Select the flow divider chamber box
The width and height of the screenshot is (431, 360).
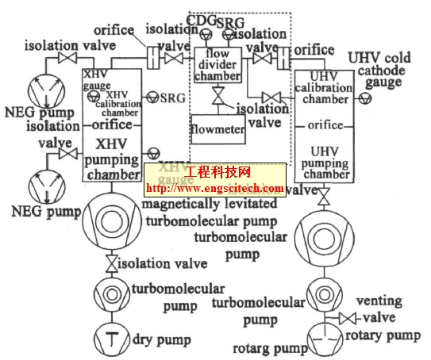point(217,63)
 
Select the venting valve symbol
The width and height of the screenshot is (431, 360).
point(346,320)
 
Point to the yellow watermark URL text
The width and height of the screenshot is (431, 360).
point(214,189)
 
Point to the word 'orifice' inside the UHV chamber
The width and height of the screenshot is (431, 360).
point(326,125)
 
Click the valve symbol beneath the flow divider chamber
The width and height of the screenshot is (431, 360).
point(215,97)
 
